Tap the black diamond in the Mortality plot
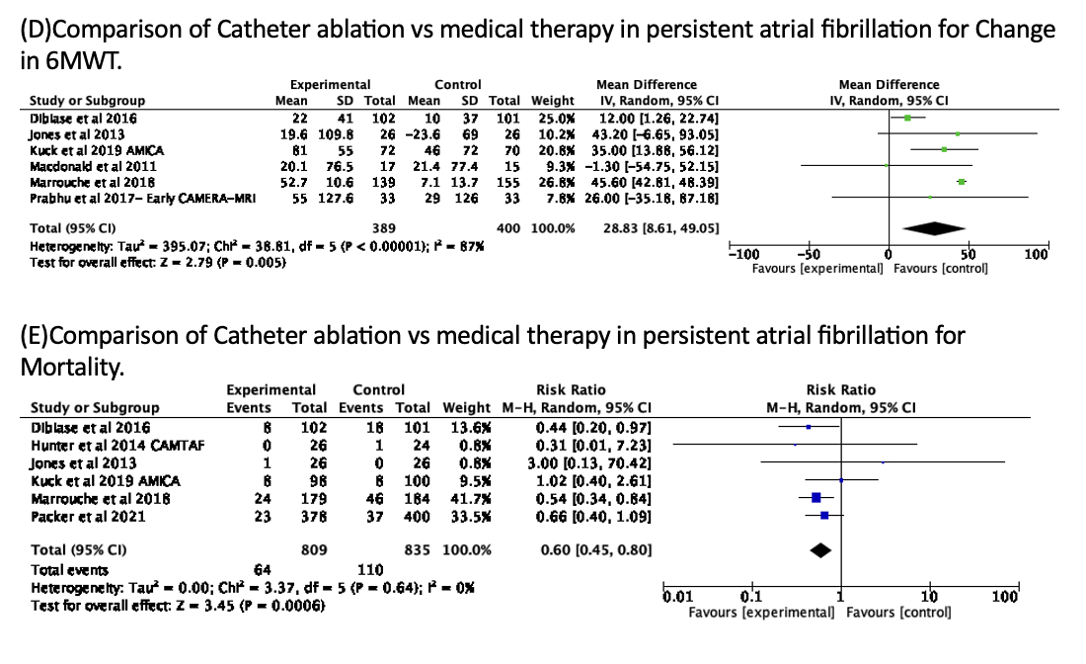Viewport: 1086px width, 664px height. coord(819,549)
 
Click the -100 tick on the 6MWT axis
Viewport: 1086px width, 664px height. coord(741,255)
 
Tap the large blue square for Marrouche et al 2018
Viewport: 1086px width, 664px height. coord(816,498)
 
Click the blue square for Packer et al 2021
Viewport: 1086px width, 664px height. coord(824,515)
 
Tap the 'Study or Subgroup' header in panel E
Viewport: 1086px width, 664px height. coord(95,407)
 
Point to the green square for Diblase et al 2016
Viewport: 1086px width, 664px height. coord(907,118)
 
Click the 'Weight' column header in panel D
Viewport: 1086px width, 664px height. coord(552,100)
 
